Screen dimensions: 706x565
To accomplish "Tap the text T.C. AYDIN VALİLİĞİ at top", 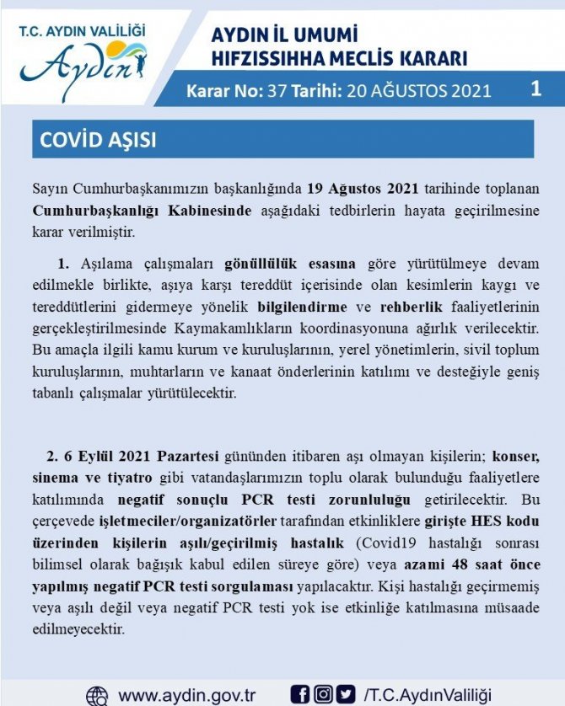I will (82, 30).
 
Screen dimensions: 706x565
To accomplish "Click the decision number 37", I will (275, 90).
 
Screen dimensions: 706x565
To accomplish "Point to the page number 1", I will (535, 88).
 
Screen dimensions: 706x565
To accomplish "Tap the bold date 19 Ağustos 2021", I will (362, 188).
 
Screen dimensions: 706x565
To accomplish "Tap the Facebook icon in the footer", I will (299, 694).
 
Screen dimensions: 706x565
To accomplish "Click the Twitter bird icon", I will (346, 694).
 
